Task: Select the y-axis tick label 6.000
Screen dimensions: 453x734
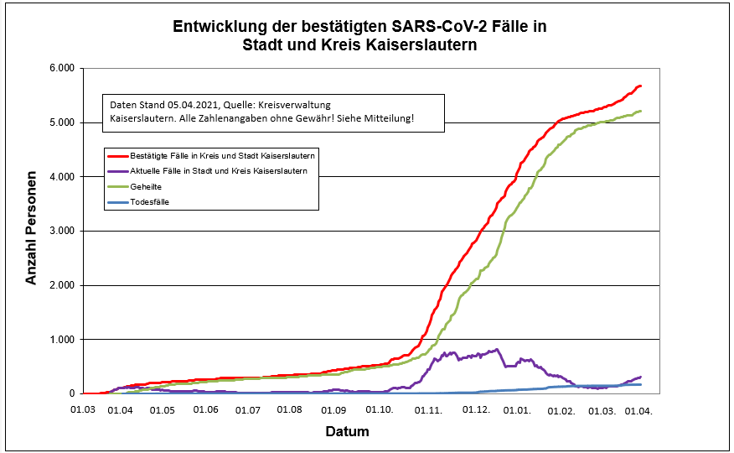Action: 60,68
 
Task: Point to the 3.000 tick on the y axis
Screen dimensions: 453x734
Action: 60,231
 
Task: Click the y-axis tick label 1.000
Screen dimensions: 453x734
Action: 60,339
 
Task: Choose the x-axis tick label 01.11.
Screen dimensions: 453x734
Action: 428,411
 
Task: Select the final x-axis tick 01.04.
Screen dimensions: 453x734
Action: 640,411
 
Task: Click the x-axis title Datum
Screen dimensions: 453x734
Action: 347,432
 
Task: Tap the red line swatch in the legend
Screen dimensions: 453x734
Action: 116,155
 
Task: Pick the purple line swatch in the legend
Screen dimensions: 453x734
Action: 116,170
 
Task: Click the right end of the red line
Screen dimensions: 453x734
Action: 641,86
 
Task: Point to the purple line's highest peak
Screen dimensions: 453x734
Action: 497,350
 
